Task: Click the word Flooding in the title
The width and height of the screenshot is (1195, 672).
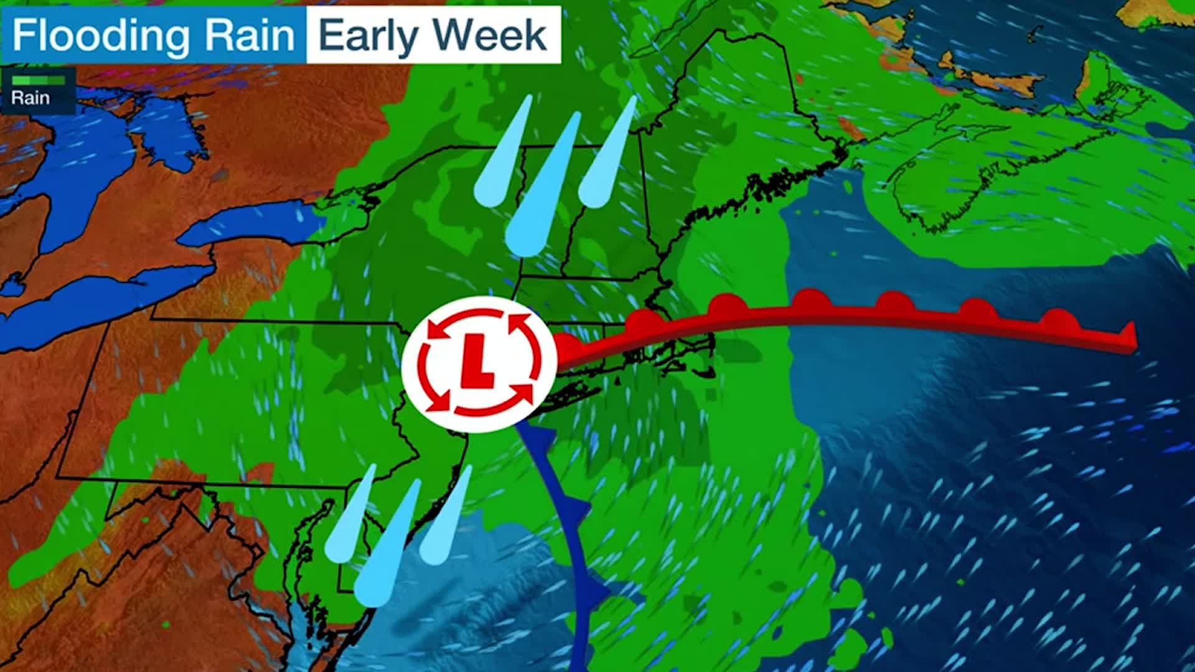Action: [x=100, y=35]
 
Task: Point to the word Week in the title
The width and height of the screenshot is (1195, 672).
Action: [x=490, y=35]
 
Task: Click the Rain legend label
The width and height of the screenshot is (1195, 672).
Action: [x=30, y=98]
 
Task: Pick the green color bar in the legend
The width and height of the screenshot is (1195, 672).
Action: [x=38, y=80]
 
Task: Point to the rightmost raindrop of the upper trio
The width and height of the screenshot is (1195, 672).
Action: [x=607, y=162]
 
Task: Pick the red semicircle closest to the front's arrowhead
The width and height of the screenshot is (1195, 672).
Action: [x=1058, y=320]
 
